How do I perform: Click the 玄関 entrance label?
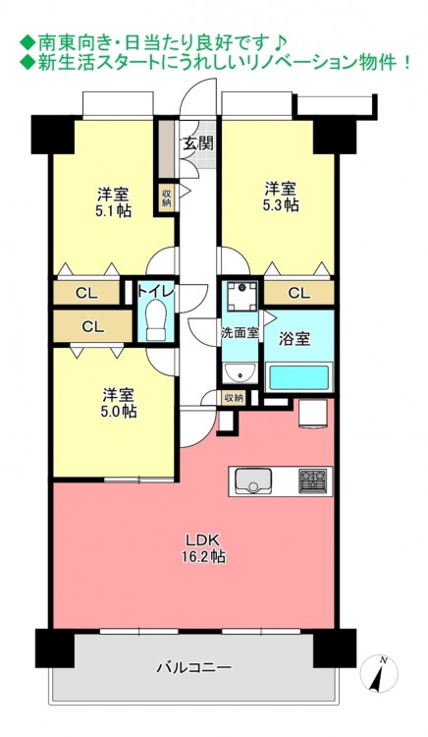[x=197, y=143]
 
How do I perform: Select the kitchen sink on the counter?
[x=253, y=481]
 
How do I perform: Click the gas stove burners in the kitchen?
[x=312, y=481]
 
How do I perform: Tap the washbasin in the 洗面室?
[x=241, y=374]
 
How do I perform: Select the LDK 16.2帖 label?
[x=203, y=548]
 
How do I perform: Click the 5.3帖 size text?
[x=282, y=205]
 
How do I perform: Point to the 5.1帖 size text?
[x=113, y=210]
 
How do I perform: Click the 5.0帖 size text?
[x=119, y=412]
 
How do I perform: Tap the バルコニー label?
[x=193, y=666]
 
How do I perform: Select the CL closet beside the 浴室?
[x=299, y=293]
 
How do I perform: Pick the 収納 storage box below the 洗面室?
[x=233, y=398]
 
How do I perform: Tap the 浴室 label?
[x=294, y=339]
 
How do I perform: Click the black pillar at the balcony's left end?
[x=55, y=649]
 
